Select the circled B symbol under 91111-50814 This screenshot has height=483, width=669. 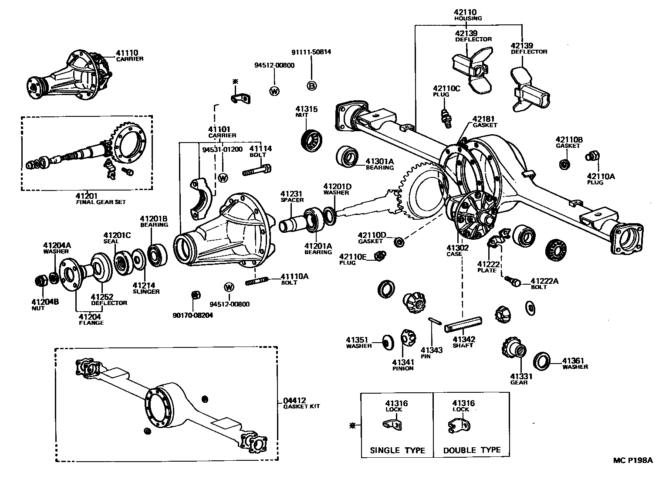coord(312,86)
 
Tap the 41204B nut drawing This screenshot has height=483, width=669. coord(41,280)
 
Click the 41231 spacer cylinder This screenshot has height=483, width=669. coord(291,224)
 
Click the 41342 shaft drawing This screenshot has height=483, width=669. coord(463,324)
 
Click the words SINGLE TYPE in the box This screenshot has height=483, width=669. coord(397,450)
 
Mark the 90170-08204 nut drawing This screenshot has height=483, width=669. coord(196,295)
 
